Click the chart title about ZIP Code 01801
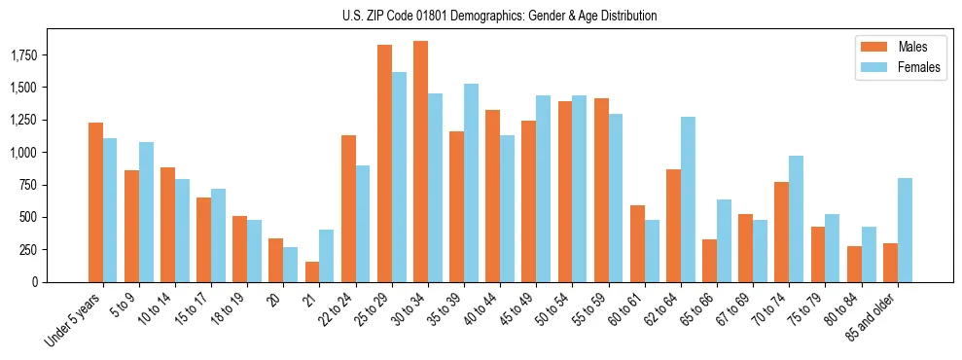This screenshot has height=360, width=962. pyautogui.click(x=500, y=16)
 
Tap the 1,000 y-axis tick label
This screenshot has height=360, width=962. pyautogui.click(x=23, y=153)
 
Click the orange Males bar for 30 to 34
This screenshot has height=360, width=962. pyautogui.click(x=420, y=162)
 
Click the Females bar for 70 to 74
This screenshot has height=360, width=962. pyautogui.click(x=797, y=219)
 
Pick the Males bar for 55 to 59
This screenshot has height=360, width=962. pyautogui.click(x=601, y=190)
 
